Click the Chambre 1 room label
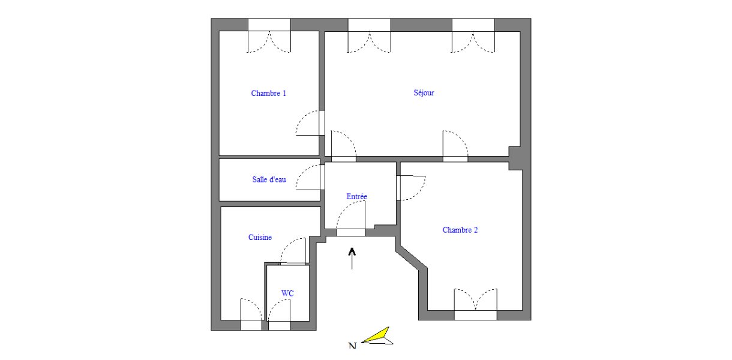[x=268, y=94]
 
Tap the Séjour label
[x=424, y=93]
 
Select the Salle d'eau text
[x=268, y=180]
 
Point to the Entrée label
[x=356, y=197]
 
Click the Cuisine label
[x=260, y=238]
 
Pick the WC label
[x=287, y=293]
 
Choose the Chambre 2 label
[x=460, y=230]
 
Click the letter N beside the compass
[x=352, y=346]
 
